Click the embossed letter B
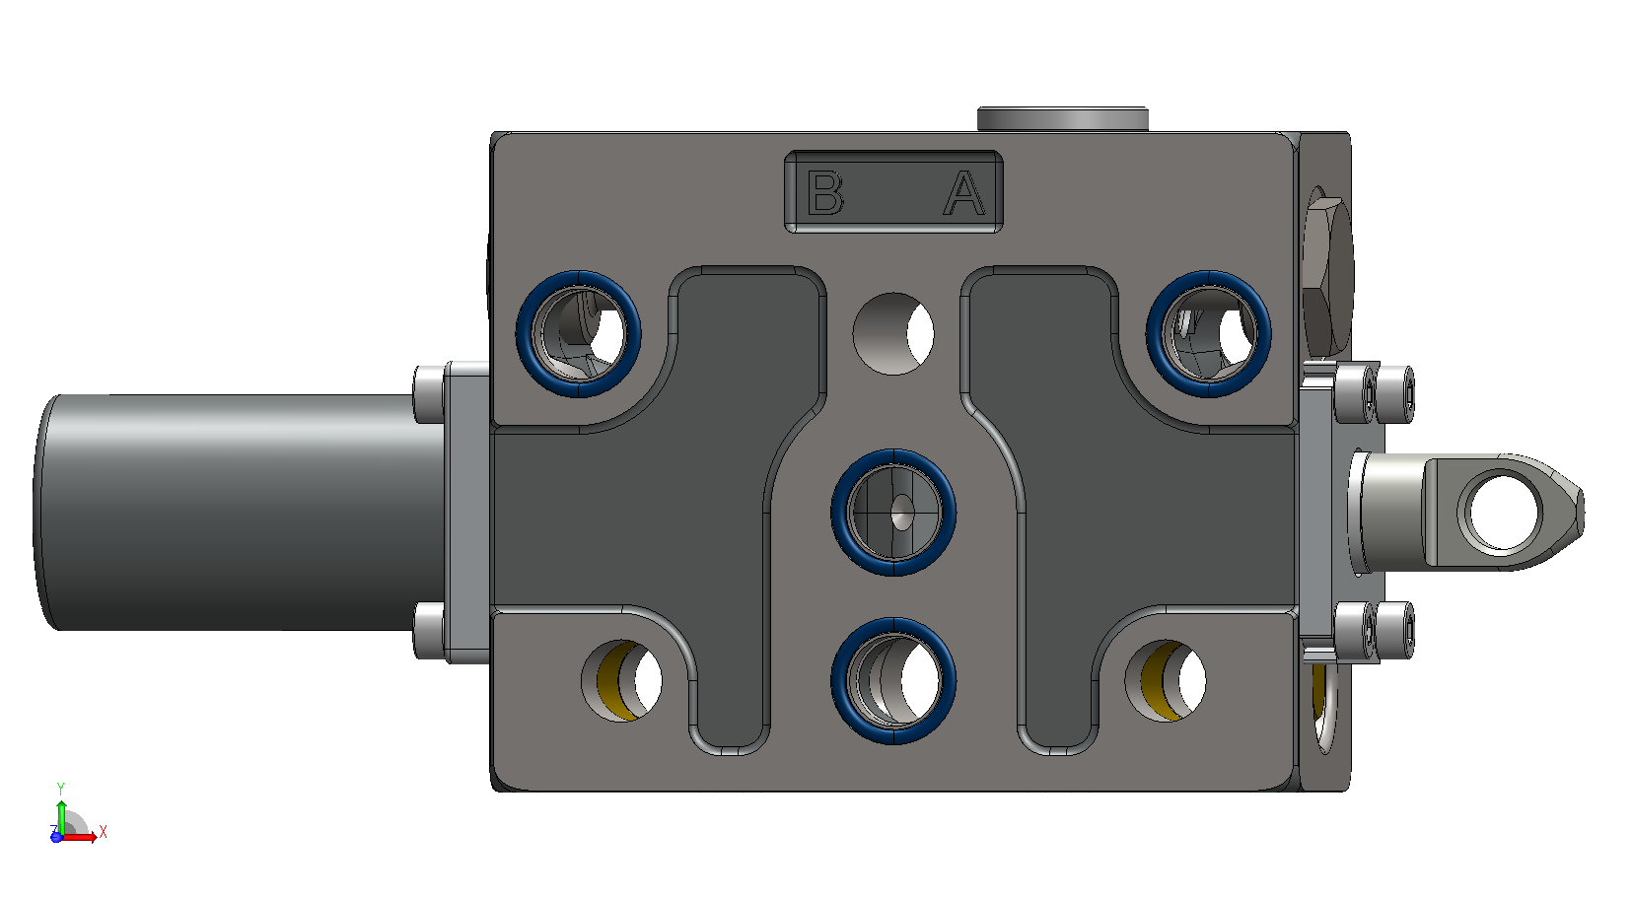(x=825, y=192)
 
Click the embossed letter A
(x=964, y=194)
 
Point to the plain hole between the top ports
(x=894, y=333)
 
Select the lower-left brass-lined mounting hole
(x=621, y=681)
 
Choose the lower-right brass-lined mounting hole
(x=1166, y=681)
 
